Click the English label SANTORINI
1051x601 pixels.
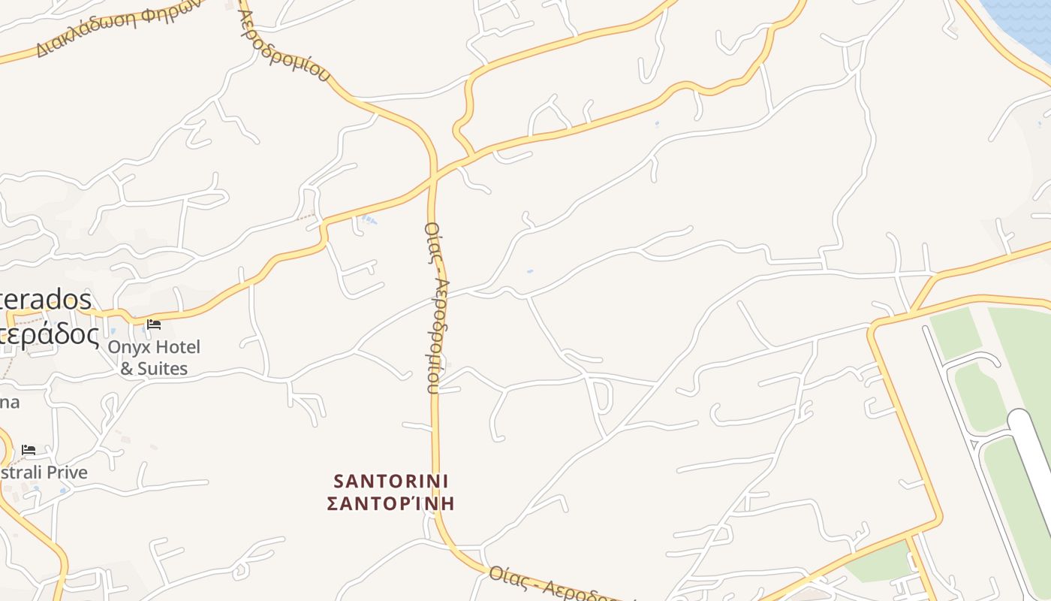[x=390, y=480]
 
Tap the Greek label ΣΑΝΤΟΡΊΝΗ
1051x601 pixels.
[x=390, y=503]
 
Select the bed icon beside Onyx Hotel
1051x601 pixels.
[x=154, y=325]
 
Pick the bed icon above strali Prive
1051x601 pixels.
[x=29, y=449]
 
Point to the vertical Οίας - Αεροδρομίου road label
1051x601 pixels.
[x=437, y=308]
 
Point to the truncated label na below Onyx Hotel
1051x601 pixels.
[x=9, y=402]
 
